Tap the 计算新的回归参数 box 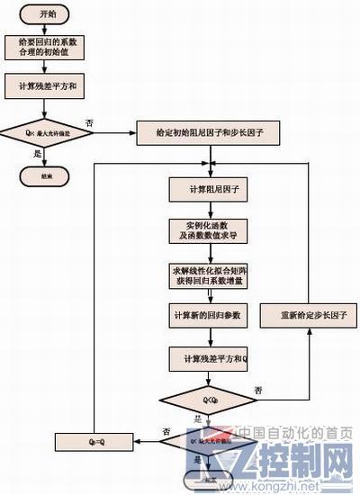(209, 317)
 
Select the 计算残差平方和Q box (209, 358)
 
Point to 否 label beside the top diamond (89, 121)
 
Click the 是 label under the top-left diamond (37, 153)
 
